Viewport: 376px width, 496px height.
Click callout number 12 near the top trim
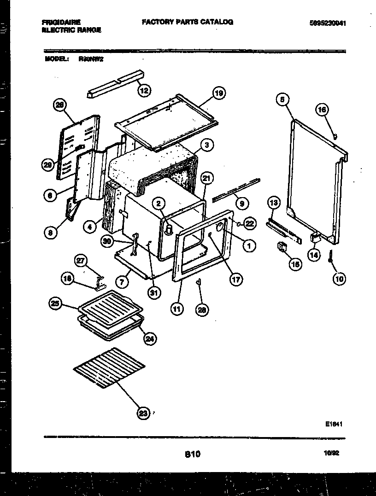[144, 91]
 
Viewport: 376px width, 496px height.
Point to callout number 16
[322, 109]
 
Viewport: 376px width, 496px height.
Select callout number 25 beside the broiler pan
[55, 303]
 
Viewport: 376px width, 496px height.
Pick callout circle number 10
[339, 279]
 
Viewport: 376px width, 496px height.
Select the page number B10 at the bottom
[192, 454]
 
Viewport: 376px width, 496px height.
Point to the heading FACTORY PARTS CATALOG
[187, 22]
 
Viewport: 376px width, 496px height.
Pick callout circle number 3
[207, 145]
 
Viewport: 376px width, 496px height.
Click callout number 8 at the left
[50, 233]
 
